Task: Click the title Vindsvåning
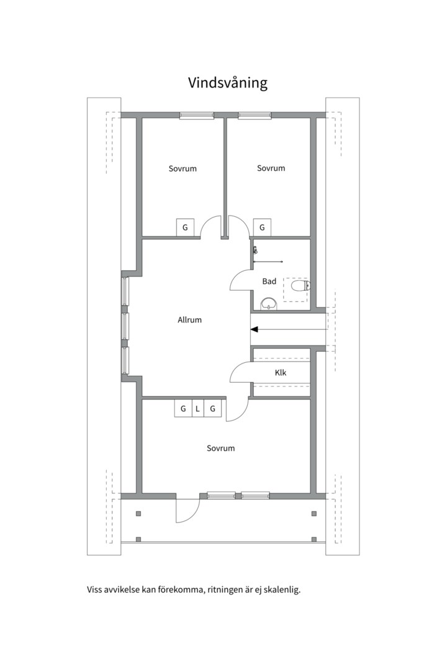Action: coord(228,83)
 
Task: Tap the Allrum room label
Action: coord(189,320)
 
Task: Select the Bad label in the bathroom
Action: coord(269,281)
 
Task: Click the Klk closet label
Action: coord(281,373)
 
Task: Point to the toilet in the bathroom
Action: coord(300,285)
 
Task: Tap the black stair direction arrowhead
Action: coord(254,329)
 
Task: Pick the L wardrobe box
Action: coord(197,409)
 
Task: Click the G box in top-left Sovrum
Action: coord(185,227)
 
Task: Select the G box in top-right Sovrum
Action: coord(262,227)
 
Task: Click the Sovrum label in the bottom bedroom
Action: coord(221,449)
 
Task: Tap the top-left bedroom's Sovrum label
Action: coord(183,168)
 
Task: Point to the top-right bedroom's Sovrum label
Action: coord(271,168)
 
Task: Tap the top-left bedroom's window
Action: coord(196,116)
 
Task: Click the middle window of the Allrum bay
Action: coord(125,326)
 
